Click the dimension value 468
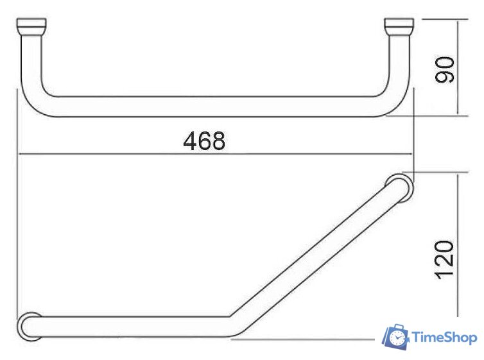(204, 141)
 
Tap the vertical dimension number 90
(444, 69)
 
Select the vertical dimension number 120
(444, 260)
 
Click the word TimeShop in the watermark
(444, 338)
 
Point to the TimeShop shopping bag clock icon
(395, 337)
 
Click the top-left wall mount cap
(31, 28)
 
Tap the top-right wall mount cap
(399, 28)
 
